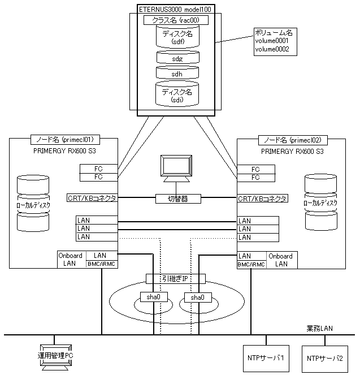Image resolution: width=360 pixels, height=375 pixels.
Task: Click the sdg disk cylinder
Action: click(x=177, y=57)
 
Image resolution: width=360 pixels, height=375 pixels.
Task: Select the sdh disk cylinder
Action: click(x=177, y=72)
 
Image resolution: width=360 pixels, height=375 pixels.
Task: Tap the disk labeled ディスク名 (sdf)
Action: click(x=177, y=36)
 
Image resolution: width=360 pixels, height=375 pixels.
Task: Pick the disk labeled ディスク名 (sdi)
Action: click(x=177, y=94)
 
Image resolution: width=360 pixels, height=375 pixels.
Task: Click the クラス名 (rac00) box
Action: click(x=176, y=20)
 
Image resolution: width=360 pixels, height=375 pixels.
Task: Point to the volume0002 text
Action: click(x=272, y=49)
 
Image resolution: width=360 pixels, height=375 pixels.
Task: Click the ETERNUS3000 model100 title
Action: click(x=175, y=10)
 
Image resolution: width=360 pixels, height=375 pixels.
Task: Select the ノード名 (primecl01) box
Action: click(x=65, y=140)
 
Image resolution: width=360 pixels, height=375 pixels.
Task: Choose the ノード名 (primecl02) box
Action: click(x=293, y=140)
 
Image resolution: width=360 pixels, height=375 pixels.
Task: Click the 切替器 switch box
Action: click(x=178, y=199)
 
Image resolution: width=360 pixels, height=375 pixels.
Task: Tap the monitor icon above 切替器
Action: click(x=176, y=169)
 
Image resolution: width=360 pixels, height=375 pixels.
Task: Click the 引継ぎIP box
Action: click(x=176, y=279)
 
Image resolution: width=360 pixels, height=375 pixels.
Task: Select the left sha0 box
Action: click(x=154, y=297)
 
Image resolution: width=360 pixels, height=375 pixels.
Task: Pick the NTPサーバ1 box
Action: click(x=266, y=358)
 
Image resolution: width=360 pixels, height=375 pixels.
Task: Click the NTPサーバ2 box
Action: click(x=325, y=359)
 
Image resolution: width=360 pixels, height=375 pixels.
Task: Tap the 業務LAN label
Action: click(x=320, y=329)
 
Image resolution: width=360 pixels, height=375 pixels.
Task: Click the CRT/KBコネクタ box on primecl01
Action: click(x=92, y=198)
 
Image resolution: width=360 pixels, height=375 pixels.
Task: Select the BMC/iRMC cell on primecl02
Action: click(x=251, y=265)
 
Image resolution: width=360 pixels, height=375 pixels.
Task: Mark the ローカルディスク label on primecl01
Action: click(x=33, y=205)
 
